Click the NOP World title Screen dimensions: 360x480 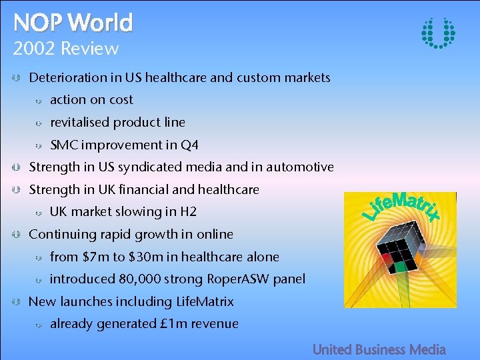(73, 23)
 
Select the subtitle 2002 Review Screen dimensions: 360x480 (66, 49)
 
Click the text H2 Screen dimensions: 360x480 (189, 212)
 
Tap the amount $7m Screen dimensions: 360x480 (94, 257)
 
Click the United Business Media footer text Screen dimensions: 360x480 (379, 349)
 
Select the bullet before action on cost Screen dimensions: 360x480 (39, 101)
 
